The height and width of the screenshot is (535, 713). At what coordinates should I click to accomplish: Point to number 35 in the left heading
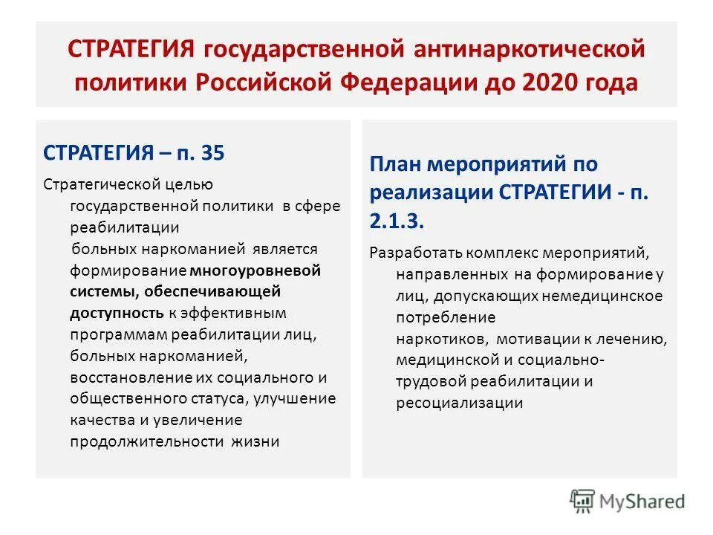212,154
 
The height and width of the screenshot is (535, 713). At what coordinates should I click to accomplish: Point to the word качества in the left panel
101,420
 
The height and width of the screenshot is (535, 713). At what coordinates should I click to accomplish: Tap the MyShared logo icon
582,500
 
